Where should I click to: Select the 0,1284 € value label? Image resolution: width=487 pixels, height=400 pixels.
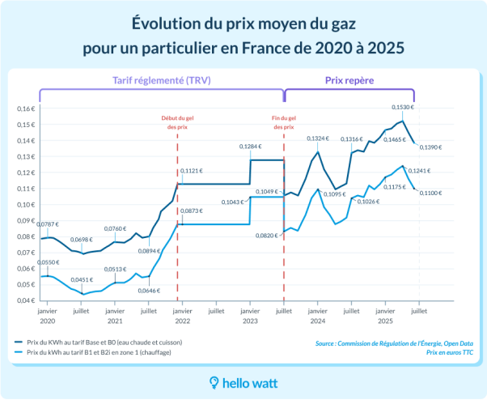[x=251, y=147]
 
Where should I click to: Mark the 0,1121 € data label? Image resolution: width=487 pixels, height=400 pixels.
[x=192, y=172]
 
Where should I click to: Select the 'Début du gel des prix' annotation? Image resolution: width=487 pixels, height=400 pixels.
[x=177, y=122]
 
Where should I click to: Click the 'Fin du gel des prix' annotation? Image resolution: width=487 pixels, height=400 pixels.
[x=284, y=122]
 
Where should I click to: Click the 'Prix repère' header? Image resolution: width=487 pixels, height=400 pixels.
[x=349, y=81]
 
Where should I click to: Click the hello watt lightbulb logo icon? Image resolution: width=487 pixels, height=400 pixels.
[x=214, y=381]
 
